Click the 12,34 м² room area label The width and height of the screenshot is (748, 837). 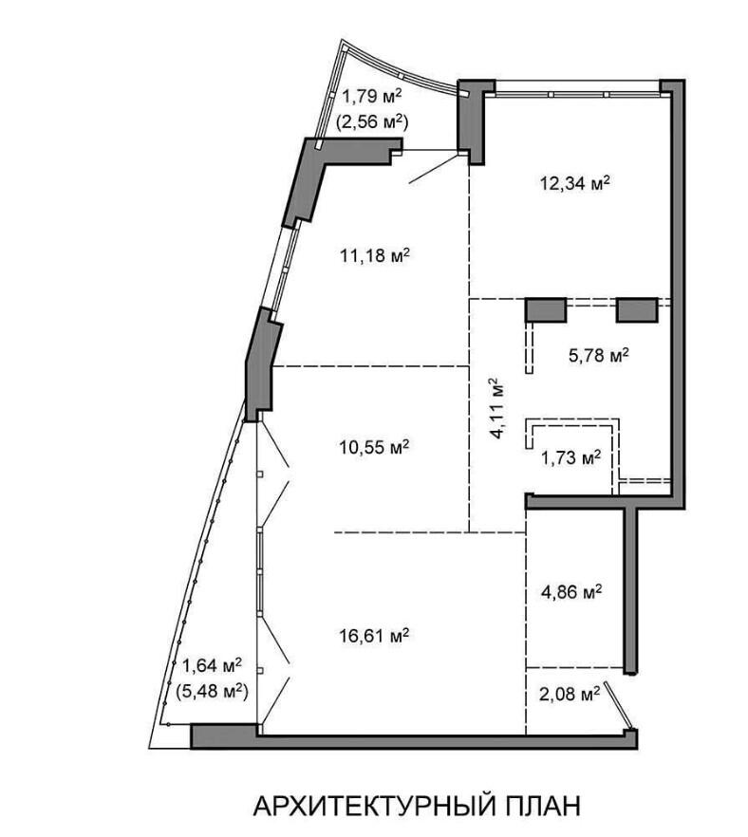(x=574, y=184)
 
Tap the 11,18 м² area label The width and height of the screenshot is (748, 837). (x=375, y=255)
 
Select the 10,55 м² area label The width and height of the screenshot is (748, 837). (x=374, y=447)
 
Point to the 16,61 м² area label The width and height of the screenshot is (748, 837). (x=374, y=635)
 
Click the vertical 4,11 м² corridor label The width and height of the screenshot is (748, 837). (x=497, y=408)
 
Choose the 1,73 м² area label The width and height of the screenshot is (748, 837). (x=571, y=457)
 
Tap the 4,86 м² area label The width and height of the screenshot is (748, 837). (x=571, y=591)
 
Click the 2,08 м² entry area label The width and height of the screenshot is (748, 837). (x=570, y=694)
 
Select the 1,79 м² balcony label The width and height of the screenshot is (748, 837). (x=372, y=97)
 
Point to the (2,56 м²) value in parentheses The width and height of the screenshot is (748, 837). (x=372, y=122)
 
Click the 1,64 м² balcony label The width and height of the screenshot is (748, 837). (x=212, y=665)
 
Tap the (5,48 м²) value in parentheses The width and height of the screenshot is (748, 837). (x=212, y=692)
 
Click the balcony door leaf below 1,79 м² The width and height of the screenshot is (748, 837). (x=434, y=168)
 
